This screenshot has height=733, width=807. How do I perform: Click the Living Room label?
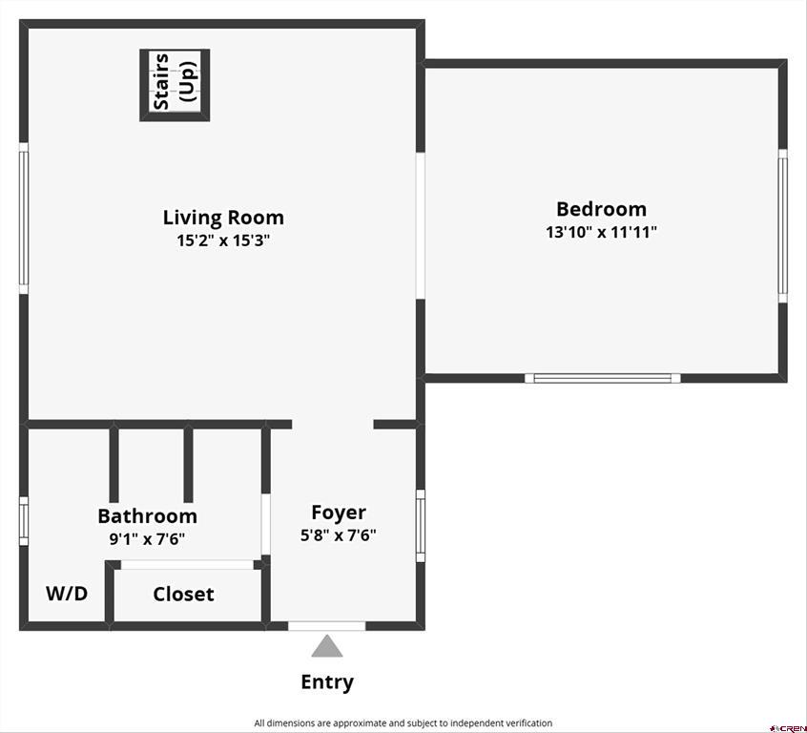coord(223,218)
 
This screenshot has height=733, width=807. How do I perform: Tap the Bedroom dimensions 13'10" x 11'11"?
coord(601,232)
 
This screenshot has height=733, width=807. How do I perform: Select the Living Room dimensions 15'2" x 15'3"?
coord(223,241)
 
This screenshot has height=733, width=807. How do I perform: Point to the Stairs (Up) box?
coord(175,85)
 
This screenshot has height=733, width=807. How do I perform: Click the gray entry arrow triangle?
coord(327,646)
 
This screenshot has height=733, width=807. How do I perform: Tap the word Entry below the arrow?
coord(327,682)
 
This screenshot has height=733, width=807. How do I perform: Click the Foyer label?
coord(339,513)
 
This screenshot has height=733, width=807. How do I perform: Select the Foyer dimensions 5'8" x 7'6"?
coord(338,535)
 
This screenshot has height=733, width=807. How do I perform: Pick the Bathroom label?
coord(147,516)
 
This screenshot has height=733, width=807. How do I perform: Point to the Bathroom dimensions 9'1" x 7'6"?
coord(147,539)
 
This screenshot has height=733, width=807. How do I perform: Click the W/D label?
coord(67,594)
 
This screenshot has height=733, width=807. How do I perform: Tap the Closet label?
coord(183,595)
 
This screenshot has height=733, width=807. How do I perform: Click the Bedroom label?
coord(601,209)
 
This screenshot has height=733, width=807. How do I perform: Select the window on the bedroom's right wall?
coord(783,225)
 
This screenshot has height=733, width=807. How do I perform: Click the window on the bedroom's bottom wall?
coord(602,378)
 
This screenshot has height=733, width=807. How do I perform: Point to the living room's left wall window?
coord(24,219)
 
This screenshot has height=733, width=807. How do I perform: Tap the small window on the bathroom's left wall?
coord(24,521)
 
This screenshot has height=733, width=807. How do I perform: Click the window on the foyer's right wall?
coord(421,526)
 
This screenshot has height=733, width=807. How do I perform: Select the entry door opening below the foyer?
coord(327,626)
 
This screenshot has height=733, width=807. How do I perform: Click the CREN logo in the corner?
coord(787,728)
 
